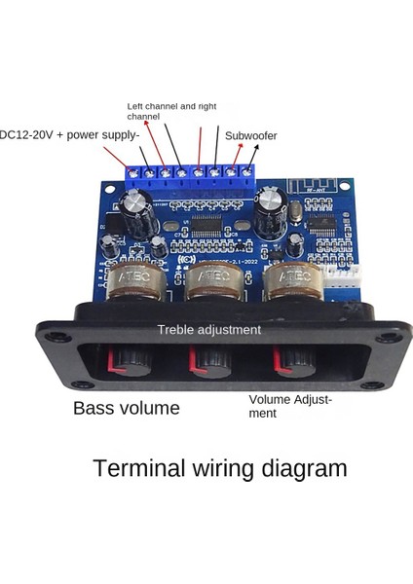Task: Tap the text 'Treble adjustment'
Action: tap(209, 330)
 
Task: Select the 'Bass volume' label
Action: tap(127, 408)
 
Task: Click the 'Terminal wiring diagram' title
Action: tap(219, 468)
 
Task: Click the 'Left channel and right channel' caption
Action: tap(173, 110)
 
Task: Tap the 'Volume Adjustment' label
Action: tap(290, 406)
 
